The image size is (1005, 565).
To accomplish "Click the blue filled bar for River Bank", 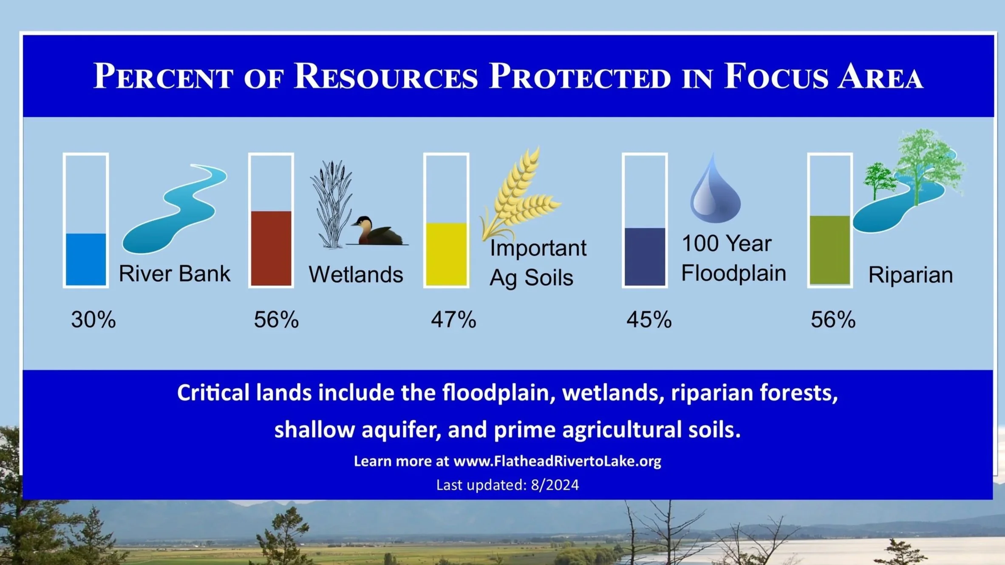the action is [86, 259].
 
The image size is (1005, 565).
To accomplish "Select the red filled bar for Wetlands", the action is [271, 248].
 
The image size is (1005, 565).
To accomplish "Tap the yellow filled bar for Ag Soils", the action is [446, 254].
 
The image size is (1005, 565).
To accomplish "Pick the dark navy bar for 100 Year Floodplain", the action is [645, 257].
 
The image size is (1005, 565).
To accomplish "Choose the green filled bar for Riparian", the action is [830, 250].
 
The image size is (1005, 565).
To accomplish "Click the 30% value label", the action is [93, 319].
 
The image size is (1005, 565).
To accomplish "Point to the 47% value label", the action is [453, 319].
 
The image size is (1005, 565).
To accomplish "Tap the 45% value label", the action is [649, 319].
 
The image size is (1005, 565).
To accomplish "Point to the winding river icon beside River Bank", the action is [174, 208].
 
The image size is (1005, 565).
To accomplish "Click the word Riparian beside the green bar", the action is [911, 275].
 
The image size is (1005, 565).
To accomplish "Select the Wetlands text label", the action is [356, 274].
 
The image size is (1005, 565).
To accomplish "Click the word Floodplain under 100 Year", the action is [733, 273].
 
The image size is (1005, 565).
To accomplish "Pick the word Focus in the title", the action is [776, 76].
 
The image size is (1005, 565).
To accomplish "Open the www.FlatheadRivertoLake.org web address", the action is [558, 461].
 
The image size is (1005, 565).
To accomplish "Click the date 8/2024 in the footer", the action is [555, 485].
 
